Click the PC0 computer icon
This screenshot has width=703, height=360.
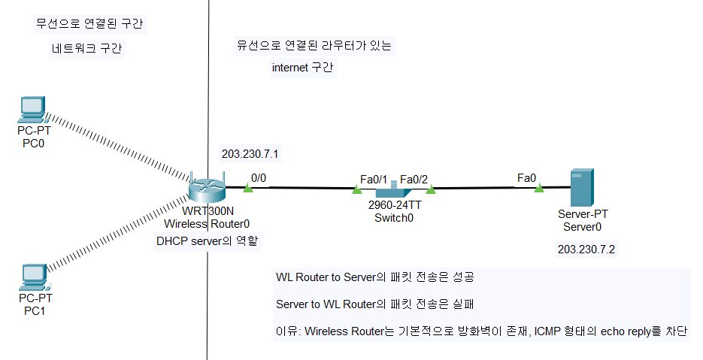click(34, 110)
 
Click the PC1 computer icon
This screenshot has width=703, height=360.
click(34, 277)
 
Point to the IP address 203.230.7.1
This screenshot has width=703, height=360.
click(250, 155)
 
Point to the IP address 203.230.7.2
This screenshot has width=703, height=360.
click(586, 250)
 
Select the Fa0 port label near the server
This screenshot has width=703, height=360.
click(526, 178)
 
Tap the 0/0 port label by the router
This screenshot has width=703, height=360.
click(259, 178)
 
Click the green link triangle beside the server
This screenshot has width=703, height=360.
click(538, 188)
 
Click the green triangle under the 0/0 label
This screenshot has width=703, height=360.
click(247, 188)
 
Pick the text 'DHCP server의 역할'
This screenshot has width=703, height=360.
click(207, 241)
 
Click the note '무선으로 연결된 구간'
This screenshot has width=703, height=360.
click(89, 23)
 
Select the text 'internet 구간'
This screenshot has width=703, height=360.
click(303, 68)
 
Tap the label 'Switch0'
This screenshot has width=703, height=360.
click(394, 217)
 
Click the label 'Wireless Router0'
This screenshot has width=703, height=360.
click(207, 223)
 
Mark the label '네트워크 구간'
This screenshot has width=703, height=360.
click(87, 50)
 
